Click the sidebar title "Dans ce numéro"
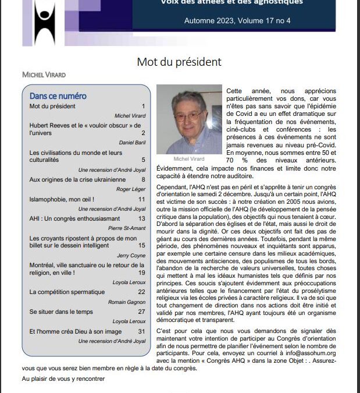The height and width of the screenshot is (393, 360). pyautogui.click(x=58, y=96)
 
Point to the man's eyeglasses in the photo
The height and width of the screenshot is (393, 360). pyautogui.click(x=188, y=115)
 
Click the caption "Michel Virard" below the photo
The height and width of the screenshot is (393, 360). pyautogui.click(x=188, y=158)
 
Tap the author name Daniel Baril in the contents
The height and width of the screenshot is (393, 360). pyautogui.click(x=131, y=142)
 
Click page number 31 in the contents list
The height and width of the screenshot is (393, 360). pyautogui.click(x=141, y=331)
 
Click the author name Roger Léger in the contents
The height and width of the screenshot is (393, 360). pyautogui.click(x=131, y=189)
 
